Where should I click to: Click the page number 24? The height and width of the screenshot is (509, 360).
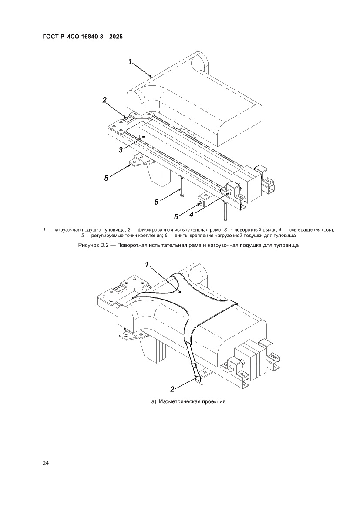click(45, 463)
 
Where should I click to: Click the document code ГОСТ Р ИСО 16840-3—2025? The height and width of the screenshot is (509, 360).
click(82, 37)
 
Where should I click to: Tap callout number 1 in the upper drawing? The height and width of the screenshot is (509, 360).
click(130, 61)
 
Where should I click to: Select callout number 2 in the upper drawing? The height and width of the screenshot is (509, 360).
click(104, 100)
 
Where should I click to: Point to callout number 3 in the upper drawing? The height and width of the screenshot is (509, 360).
click(121, 150)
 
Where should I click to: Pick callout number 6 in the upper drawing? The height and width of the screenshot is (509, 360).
click(156, 202)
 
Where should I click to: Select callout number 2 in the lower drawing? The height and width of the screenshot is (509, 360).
click(172, 388)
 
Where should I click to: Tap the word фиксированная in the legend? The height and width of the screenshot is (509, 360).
click(152, 230)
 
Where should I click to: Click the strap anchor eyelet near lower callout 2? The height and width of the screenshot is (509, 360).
click(197, 379)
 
